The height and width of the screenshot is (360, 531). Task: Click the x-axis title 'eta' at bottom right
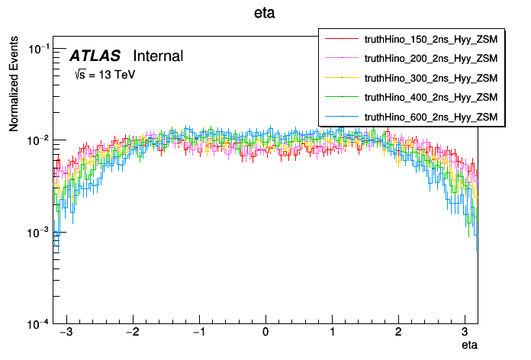(470, 346)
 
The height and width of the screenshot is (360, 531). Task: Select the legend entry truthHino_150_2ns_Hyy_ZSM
(431, 37)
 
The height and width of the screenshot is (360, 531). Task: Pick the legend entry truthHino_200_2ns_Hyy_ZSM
(431, 57)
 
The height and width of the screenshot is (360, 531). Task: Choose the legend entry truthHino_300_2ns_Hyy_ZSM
(431, 77)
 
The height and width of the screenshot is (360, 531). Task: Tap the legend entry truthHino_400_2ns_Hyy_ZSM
(431, 97)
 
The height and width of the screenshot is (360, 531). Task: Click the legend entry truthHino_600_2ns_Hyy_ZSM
(431, 117)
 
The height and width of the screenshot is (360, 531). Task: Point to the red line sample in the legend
(342, 37)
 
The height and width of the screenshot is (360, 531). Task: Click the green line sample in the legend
(342, 97)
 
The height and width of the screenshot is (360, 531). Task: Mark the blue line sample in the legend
(342, 117)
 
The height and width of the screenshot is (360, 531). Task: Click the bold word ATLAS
(95, 56)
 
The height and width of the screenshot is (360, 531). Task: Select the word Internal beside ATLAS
(158, 56)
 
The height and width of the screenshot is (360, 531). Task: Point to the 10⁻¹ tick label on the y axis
(38, 49)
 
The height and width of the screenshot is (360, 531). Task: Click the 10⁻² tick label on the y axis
(38, 140)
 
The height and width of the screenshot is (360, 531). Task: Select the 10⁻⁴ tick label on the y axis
(38, 323)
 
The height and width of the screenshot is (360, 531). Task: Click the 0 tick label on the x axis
(265, 333)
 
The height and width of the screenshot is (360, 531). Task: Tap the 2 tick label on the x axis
(398, 333)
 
